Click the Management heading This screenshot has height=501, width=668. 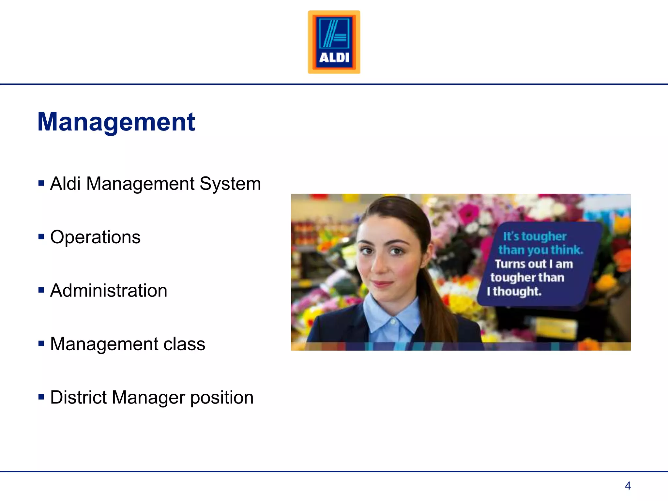116,122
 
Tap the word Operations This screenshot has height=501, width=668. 95,237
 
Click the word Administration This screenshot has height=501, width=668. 109,291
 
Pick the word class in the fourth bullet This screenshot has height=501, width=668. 184,344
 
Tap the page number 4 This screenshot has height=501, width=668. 628,486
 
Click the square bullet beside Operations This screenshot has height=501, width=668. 41,236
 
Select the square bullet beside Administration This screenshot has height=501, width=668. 41,290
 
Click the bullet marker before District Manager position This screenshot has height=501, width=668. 41,397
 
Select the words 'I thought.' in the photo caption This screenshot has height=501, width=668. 514,291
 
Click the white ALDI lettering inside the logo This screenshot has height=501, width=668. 334,58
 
